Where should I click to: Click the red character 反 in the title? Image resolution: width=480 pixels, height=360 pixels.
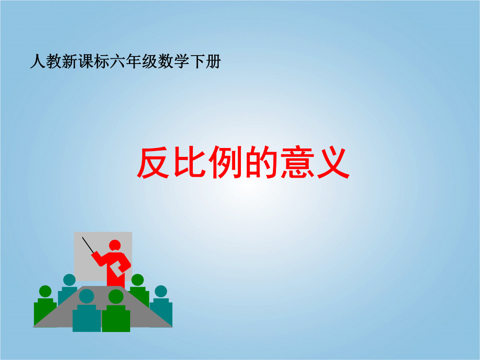153,162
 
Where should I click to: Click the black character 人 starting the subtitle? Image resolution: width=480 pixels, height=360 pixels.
38,61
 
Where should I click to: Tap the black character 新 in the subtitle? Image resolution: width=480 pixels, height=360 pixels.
69,61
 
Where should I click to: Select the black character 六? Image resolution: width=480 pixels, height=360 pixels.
117,61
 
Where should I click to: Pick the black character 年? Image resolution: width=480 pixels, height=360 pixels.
133,61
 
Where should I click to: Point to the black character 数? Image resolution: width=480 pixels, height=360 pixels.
165,61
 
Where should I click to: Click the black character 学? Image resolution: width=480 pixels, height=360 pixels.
181,61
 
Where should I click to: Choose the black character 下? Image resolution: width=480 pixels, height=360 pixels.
197,61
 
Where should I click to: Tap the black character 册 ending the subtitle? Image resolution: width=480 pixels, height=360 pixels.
213,61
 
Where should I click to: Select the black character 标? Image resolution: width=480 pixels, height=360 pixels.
101,61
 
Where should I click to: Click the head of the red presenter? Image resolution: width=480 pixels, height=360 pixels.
115,245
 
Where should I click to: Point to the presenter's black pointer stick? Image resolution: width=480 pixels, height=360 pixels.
88,245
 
